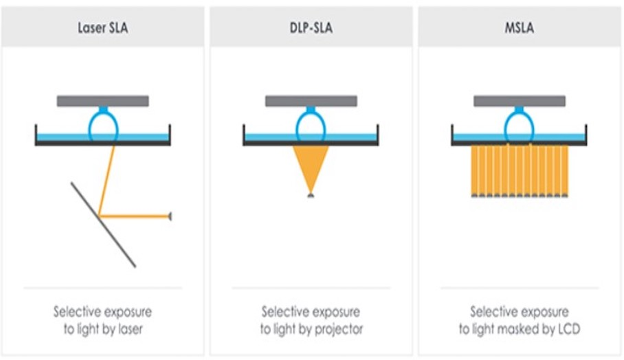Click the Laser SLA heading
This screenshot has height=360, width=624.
click(x=102, y=30)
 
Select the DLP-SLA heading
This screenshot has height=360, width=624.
click(x=311, y=30)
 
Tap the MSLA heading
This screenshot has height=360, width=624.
click(x=519, y=30)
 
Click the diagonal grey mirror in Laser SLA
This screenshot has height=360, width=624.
click(x=103, y=224)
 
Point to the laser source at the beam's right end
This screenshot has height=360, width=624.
click(x=169, y=216)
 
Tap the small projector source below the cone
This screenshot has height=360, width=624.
click(x=311, y=196)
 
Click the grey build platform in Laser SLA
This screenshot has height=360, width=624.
click(x=102, y=101)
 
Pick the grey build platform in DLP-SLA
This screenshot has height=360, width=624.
click(x=311, y=101)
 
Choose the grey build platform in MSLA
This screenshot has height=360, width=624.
click(x=519, y=101)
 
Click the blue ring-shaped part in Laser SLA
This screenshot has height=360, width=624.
click(x=103, y=125)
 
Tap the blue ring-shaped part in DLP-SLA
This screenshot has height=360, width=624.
click(x=311, y=125)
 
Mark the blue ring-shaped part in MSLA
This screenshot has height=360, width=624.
click(x=519, y=125)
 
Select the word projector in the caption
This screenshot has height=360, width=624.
click(x=338, y=329)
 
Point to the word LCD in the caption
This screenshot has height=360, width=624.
click(x=569, y=329)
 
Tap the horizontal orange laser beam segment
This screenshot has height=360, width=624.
click(x=135, y=216)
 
